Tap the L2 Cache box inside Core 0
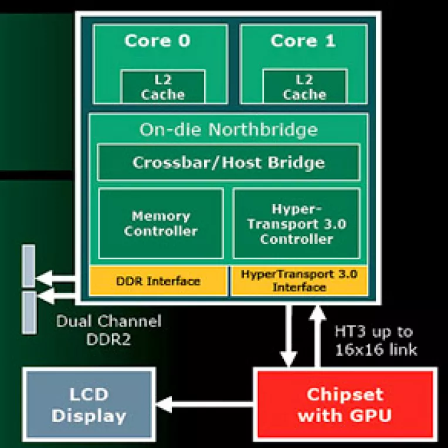click(163, 87)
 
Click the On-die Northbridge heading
click(228, 129)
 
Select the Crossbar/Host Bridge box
click(228, 162)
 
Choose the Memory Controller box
click(161, 223)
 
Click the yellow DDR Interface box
click(158, 281)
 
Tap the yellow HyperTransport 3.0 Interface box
click(299, 281)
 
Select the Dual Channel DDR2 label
click(108, 330)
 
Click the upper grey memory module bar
click(28, 266)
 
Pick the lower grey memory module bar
click(28, 312)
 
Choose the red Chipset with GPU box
click(345, 404)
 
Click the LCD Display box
click(89, 404)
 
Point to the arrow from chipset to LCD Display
click(205, 403)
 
